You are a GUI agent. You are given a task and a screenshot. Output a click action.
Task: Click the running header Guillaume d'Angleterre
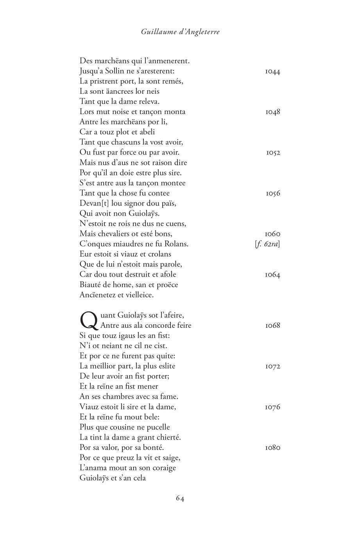pyautogui.click(x=180, y=32)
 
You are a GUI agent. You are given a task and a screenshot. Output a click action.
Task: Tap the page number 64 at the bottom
pyautogui.click(x=180, y=498)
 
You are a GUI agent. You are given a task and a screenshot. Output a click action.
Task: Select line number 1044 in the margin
pyautogui.click(x=272, y=72)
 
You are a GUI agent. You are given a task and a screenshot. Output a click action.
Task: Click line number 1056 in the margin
pyautogui.click(x=272, y=193)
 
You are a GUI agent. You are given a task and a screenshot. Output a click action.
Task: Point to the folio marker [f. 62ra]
pyautogui.click(x=267, y=244)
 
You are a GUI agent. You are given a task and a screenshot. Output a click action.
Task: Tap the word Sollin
pyautogui.click(x=117, y=71)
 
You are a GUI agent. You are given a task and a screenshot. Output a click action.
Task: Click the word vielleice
pyautogui.click(x=139, y=295)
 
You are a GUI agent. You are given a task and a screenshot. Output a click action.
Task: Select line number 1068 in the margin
pyautogui.click(x=272, y=325)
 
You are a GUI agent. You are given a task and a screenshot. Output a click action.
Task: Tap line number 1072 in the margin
pyautogui.click(x=272, y=367)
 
